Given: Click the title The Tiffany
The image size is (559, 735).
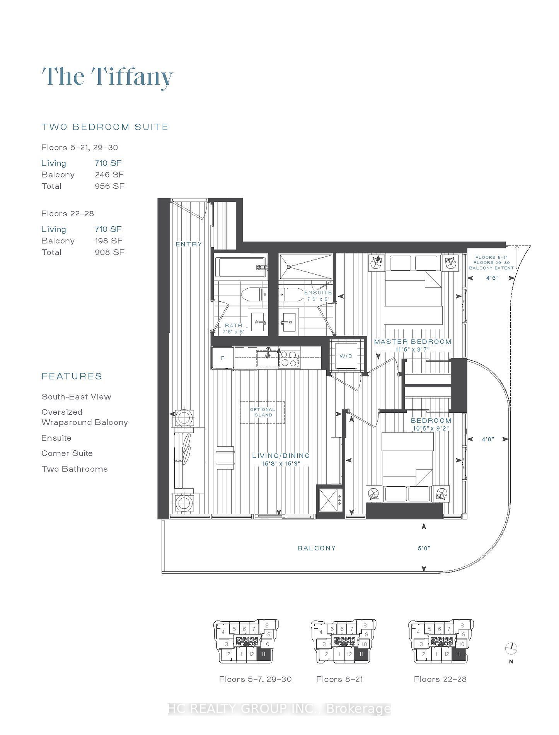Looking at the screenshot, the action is (107, 77).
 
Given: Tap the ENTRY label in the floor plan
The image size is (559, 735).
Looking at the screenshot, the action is (189, 244).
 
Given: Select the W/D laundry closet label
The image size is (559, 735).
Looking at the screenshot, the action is (346, 356).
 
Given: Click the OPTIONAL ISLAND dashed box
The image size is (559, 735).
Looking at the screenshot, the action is (262, 412).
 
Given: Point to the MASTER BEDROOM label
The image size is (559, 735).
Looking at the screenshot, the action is (412, 342).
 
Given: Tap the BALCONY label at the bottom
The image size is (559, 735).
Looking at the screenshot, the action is (317, 548).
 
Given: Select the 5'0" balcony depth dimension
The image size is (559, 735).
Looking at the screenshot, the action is (424, 548).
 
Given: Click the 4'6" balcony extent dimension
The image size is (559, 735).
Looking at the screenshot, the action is (492, 278).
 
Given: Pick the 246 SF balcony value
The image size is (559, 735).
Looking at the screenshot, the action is (109, 174).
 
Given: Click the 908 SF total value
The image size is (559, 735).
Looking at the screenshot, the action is (109, 252).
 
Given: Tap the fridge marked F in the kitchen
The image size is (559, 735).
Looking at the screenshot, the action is (223, 358).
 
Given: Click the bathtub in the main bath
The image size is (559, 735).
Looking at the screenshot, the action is (241, 267).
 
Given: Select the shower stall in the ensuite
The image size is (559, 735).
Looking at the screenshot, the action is (306, 267).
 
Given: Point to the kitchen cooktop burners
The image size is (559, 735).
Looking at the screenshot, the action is (289, 358).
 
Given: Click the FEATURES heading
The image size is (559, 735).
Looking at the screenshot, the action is (72, 376).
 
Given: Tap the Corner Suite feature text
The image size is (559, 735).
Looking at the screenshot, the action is (67, 453).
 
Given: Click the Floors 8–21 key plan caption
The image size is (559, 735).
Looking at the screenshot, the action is (340, 679).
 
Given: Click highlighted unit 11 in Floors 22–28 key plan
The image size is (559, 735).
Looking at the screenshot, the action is (459, 655).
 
